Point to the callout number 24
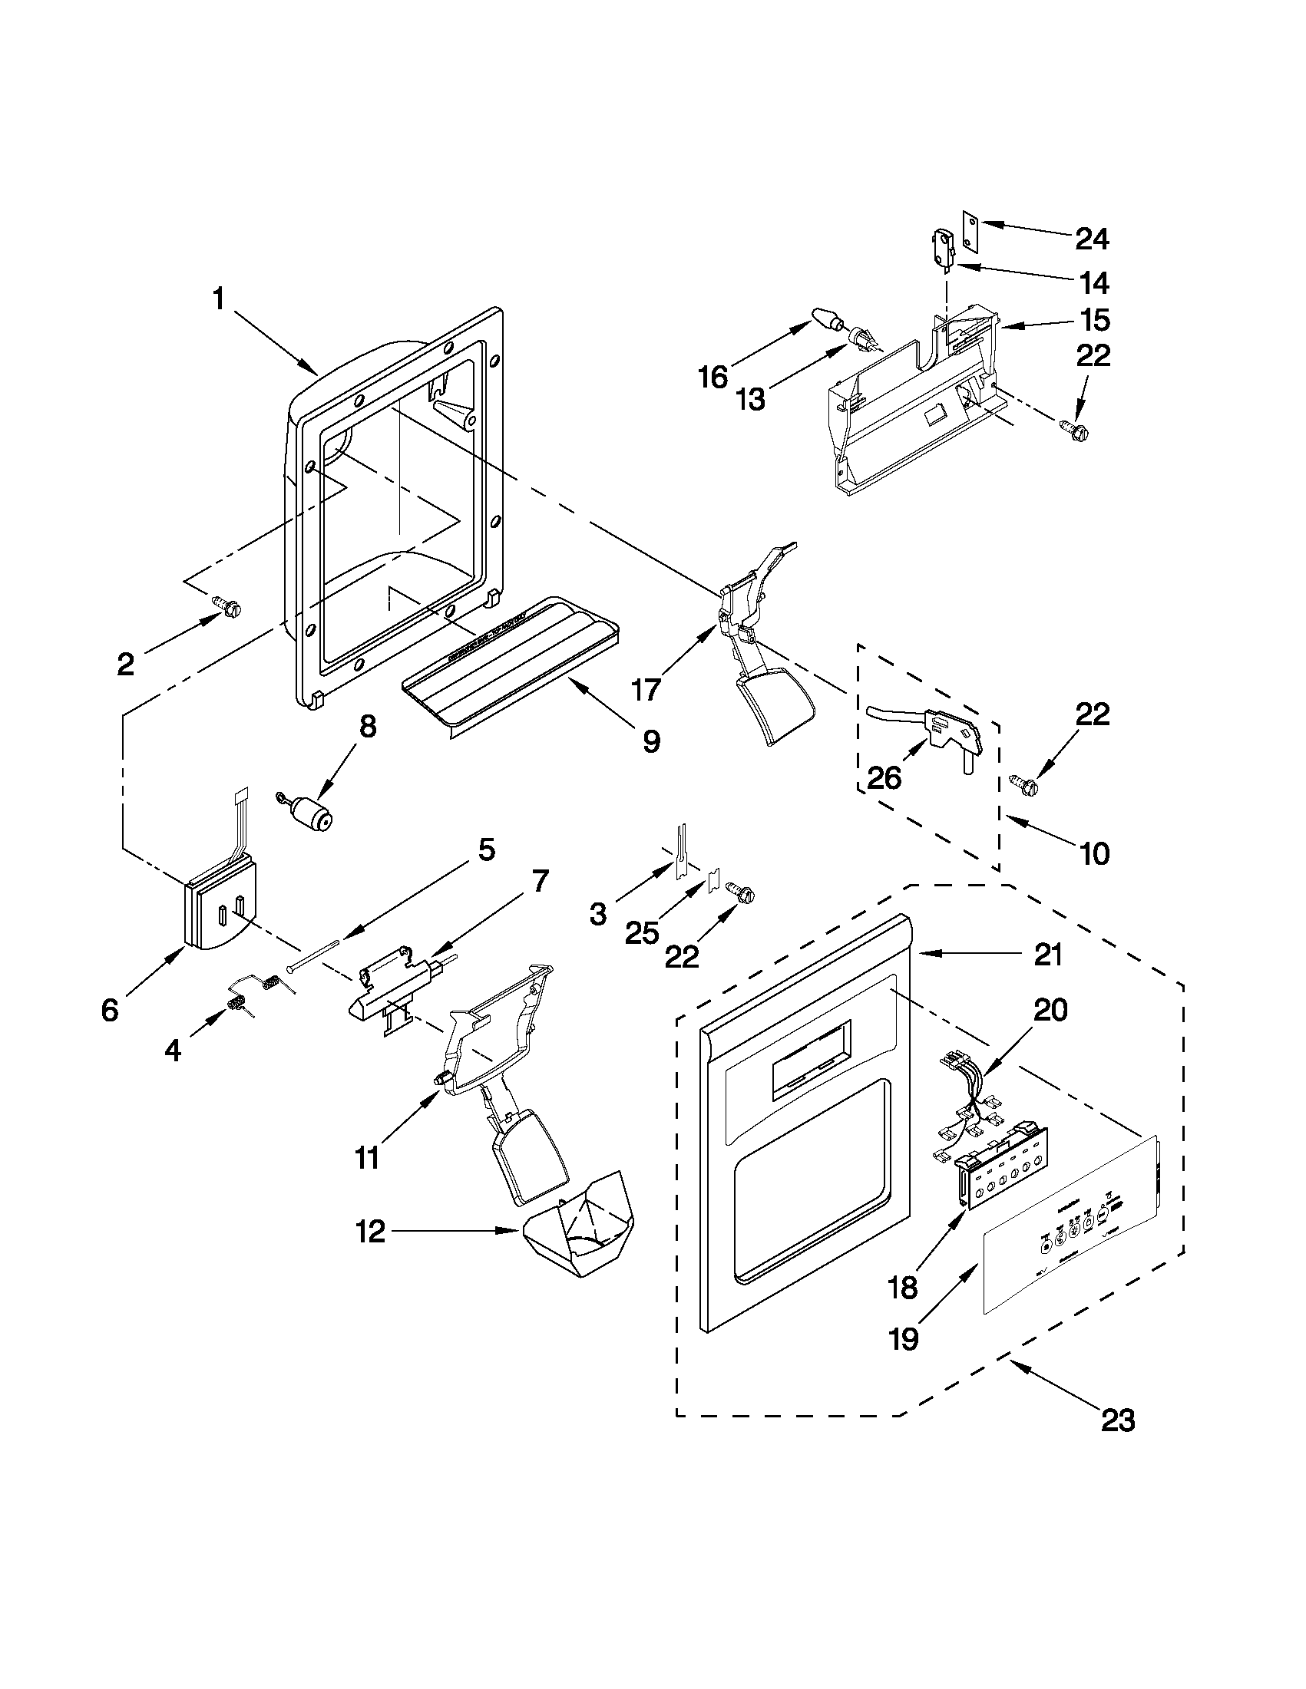click(1092, 239)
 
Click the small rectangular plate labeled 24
click(970, 230)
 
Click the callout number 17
click(646, 688)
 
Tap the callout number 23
click(1118, 1420)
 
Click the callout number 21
click(1046, 955)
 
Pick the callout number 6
click(111, 1010)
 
